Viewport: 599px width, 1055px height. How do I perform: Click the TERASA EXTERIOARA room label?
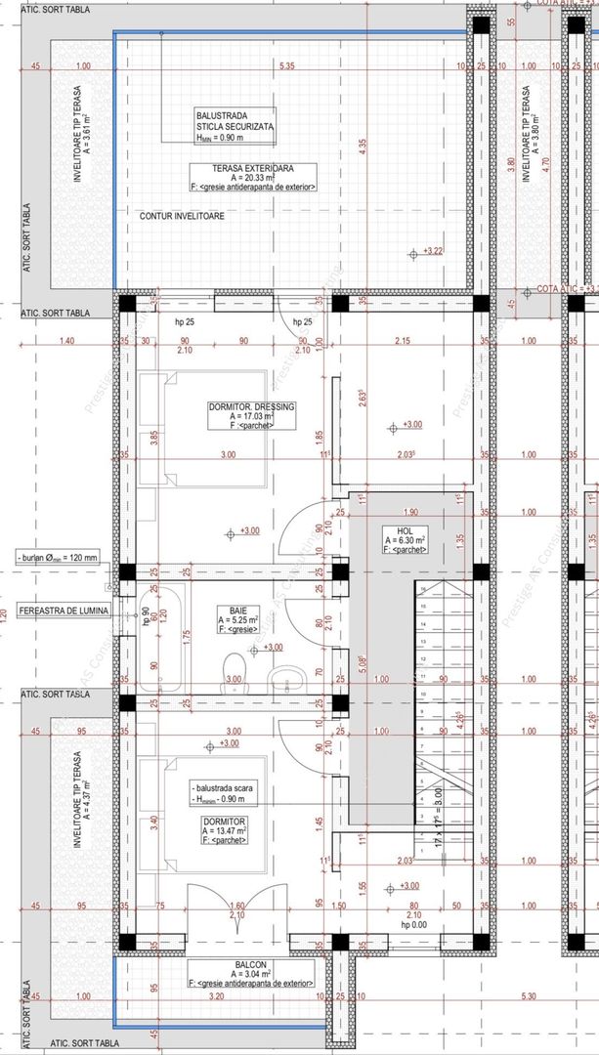[252, 168]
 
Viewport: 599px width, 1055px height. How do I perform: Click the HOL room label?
[401, 529]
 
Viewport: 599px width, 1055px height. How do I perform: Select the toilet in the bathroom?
[285, 679]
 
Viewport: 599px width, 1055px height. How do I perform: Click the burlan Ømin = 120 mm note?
[59, 558]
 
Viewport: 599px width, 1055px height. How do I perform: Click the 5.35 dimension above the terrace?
[286, 66]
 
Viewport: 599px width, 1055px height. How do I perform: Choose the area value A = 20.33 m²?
[252, 178]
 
